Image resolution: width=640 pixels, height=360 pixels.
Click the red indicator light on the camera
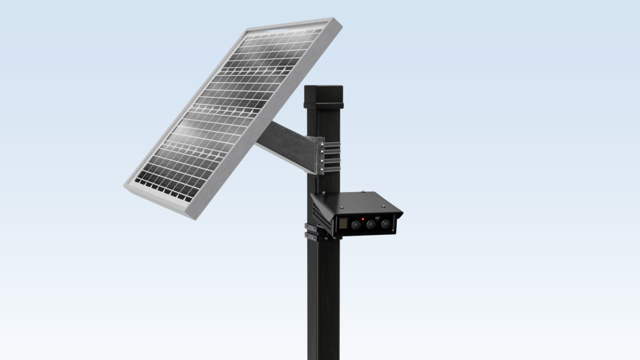point(363,219)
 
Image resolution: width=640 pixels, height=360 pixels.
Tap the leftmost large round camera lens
point(356,225)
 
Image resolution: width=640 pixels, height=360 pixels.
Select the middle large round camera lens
point(371,224)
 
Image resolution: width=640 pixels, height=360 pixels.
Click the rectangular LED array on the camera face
point(343,223)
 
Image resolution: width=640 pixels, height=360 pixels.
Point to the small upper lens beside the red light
point(378,218)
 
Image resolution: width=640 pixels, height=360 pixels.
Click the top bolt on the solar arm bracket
point(322,144)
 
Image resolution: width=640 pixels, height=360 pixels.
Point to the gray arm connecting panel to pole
point(287,145)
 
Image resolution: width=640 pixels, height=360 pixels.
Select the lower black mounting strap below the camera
point(311,237)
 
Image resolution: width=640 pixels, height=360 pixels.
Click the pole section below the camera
point(323,300)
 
